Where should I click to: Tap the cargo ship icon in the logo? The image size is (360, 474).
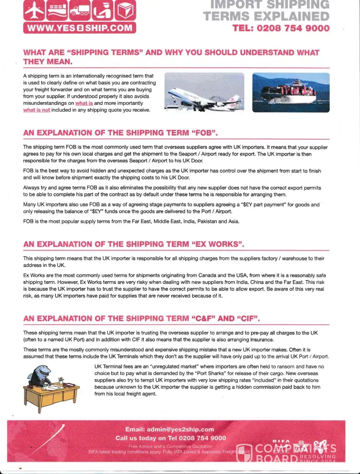[57, 11]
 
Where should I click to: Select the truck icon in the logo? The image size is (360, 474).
[80, 11]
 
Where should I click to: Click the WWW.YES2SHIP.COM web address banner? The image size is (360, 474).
[80, 28]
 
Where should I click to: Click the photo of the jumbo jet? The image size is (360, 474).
[204, 92]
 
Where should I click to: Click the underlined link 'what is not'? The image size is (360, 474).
[37, 110]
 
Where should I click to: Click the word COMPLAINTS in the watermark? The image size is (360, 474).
[296, 449]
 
